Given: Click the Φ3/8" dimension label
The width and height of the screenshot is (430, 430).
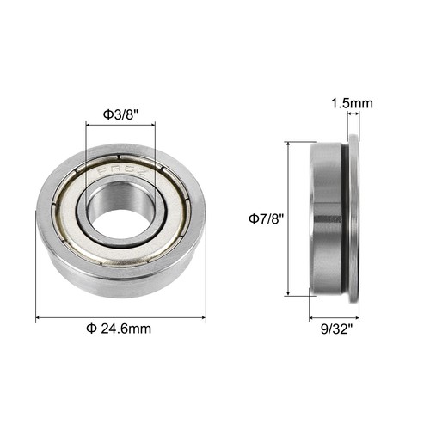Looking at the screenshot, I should click(120, 112).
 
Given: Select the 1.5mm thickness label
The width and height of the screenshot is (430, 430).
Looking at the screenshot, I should click(352, 104).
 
